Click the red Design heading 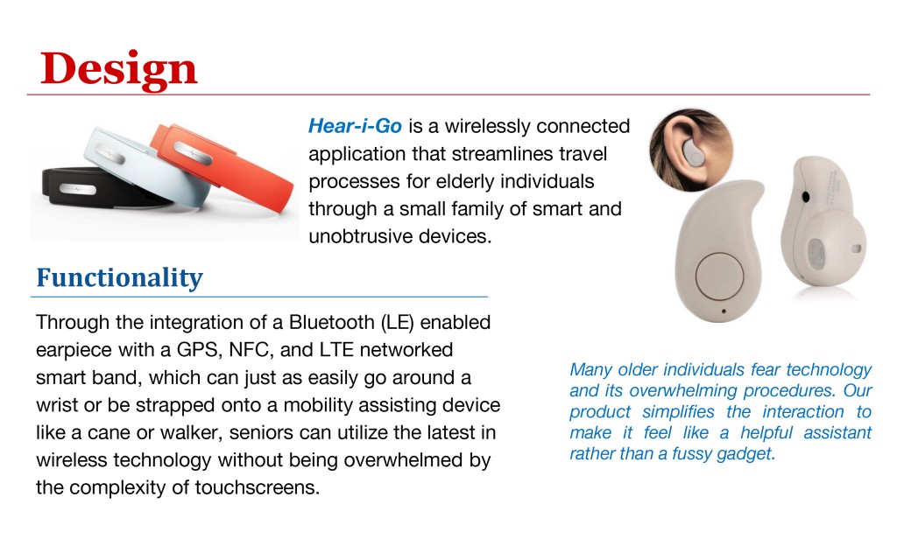(118, 70)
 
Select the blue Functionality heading (119, 278)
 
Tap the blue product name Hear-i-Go (355, 126)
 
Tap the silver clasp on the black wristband (78, 189)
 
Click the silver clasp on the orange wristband (194, 152)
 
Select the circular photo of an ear (691, 150)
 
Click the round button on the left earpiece (719, 276)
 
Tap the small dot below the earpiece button (724, 311)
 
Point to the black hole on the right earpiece (806, 197)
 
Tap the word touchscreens (257, 487)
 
